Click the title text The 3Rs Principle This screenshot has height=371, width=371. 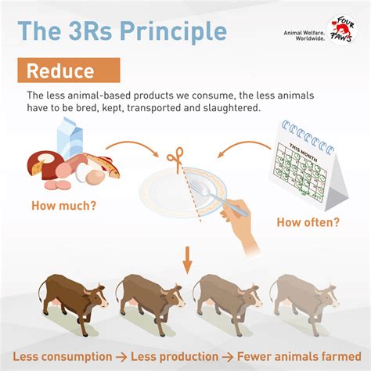click(122, 31)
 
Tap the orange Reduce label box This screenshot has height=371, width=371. click(69, 70)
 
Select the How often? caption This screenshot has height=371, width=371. click(308, 222)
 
